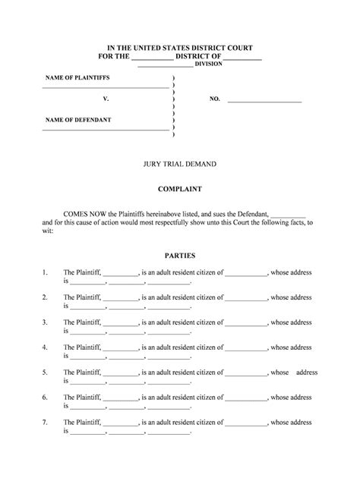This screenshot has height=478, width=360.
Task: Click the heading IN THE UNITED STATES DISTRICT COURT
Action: pos(179,47)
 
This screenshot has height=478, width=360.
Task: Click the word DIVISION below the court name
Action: pos(209,64)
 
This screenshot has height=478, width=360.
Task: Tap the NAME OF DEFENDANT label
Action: pos(78,120)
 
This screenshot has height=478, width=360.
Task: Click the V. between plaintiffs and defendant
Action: pos(106,99)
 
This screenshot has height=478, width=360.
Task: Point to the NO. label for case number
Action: pos(214,99)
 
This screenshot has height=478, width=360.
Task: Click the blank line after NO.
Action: pos(264,100)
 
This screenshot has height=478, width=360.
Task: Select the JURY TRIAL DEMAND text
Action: pos(179,163)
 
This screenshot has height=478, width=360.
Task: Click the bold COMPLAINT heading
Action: pos(179,189)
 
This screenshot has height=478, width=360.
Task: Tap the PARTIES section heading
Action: pos(179,256)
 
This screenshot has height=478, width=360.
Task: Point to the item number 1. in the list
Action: pos(46,272)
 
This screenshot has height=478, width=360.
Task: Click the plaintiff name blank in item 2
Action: pos(119,297)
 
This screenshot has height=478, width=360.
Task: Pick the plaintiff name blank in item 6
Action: pos(119,398)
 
